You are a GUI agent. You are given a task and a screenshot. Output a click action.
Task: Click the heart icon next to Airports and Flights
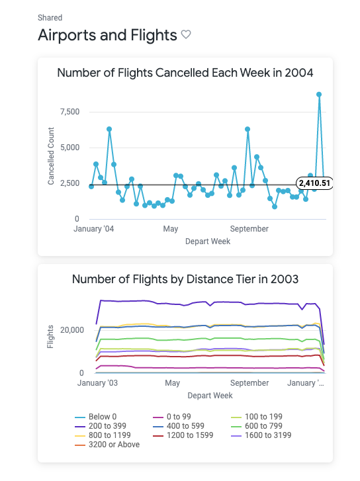pos(186,34)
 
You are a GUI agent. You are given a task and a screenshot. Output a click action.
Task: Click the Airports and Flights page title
pos(107,35)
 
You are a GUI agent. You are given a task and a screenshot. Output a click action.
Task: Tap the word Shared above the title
pos(50,18)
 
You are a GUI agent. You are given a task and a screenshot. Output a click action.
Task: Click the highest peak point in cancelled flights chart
pos(318,95)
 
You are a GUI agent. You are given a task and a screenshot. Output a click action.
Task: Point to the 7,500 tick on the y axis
pos(69,112)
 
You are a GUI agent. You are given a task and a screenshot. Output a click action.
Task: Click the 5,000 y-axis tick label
pos(69,148)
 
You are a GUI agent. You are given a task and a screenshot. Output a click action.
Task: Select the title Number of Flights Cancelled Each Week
pos(185,72)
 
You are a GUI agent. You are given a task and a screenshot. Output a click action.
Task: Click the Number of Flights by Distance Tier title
pos(185,279)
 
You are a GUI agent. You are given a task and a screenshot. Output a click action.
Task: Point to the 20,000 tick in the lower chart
pos(66,330)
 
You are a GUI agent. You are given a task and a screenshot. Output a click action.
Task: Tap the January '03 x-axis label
pos(98,383)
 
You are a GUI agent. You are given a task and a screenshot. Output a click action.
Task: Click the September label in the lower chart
pos(249,383)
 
